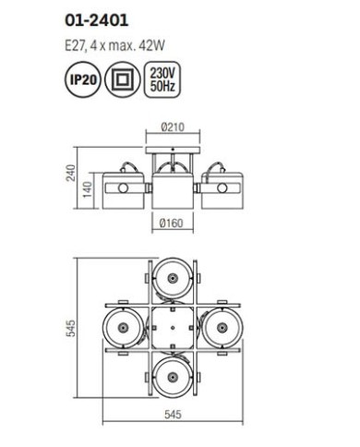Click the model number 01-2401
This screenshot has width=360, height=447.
click(x=96, y=21)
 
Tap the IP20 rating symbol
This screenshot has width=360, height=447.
click(x=83, y=80)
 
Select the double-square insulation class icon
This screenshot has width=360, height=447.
click(x=123, y=80)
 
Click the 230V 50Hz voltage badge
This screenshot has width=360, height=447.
click(x=162, y=80)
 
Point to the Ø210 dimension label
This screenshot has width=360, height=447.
click(x=173, y=127)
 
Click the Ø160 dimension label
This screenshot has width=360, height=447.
click(x=172, y=223)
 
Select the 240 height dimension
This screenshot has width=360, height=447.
click(x=71, y=173)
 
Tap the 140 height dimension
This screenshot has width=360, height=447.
click(x=88, y=189)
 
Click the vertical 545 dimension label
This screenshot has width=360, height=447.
click(x=71, y=329)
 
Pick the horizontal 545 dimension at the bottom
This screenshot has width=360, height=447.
click(x=173, y=415)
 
